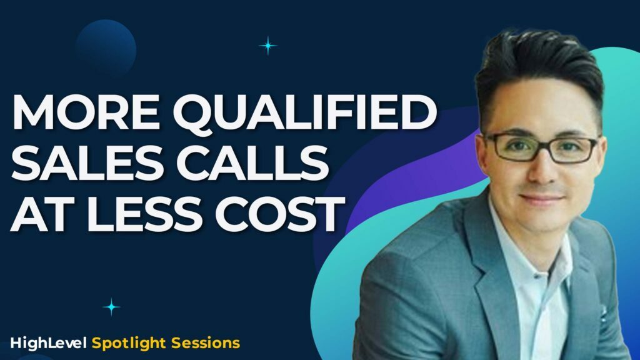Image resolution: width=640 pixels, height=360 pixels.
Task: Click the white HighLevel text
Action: [x=49, y=342]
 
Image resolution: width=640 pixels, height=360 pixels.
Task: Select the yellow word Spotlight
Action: [x=127, y=343]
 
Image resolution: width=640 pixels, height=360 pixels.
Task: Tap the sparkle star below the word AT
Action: [x=112, y=306]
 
